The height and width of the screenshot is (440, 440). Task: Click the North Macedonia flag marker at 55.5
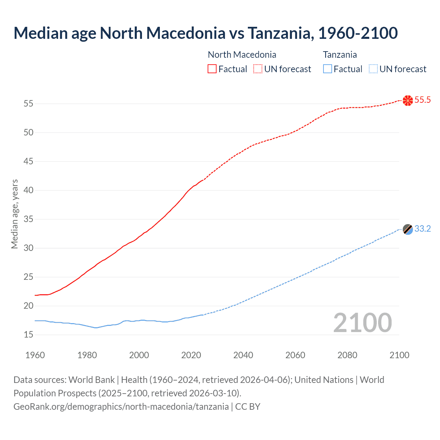(x=407, y=100)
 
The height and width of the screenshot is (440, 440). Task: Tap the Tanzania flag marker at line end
(x=407, y=229)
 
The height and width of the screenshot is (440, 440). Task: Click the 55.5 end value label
(x=422, y=100)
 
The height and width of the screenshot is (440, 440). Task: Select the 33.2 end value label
(x=422, y=229)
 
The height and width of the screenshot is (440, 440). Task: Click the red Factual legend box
(x=212, y=69)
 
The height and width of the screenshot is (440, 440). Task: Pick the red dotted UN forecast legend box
(x=258, y=69)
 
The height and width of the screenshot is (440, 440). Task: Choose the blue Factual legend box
(x=328, y=69)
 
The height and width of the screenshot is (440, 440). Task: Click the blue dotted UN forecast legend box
(x=373, y=69)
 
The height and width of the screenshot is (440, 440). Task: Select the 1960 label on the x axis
(x=35, y=355)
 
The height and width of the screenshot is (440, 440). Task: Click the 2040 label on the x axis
(x=243, y=355)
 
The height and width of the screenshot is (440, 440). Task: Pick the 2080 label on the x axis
(x=347, y=355)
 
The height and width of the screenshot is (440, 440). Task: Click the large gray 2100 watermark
(x=362, y=322)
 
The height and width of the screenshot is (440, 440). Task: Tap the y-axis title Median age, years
(x=14, y=214)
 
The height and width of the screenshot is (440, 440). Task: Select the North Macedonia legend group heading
(x=242, y=55)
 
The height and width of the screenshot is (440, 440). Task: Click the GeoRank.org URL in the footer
(x=121, y=406)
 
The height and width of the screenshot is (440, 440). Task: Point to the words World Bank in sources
(x=91, y=380)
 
